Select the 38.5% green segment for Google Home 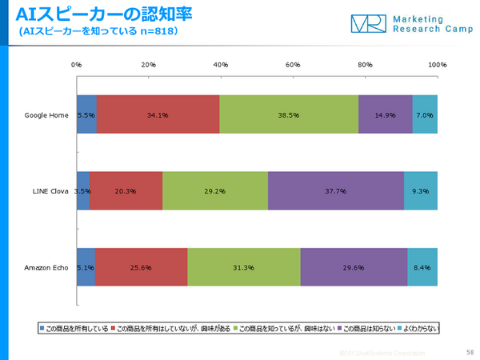point(289,114)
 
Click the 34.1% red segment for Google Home point(158,114)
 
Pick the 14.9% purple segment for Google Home point(386,114)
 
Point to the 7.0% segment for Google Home point(425,114)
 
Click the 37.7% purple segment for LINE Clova point(336,191)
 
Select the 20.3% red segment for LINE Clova point(126,191)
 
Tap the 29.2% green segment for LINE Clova point(215,191)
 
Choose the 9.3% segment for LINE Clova point(421,191)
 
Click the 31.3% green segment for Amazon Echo point(244,268)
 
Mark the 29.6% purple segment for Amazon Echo point(354,268)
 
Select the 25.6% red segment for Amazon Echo point(141,268)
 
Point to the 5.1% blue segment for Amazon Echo point(86,268)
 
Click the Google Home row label point(46,114)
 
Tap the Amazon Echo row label point(46,268)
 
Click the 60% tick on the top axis point(293,65)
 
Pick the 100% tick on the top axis point(437,65)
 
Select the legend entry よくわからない point(420,328)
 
